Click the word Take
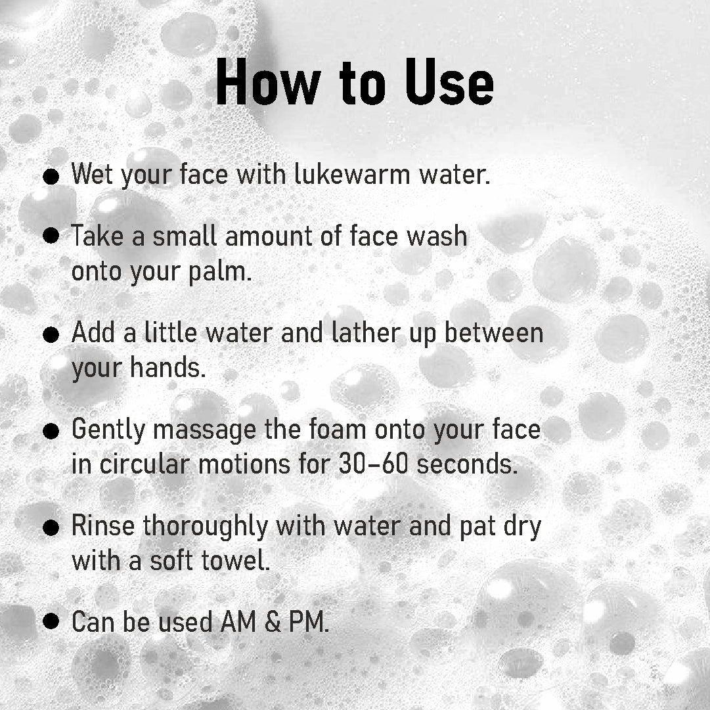point(97,235)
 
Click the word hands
point(168,368)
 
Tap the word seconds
point(468,464)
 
